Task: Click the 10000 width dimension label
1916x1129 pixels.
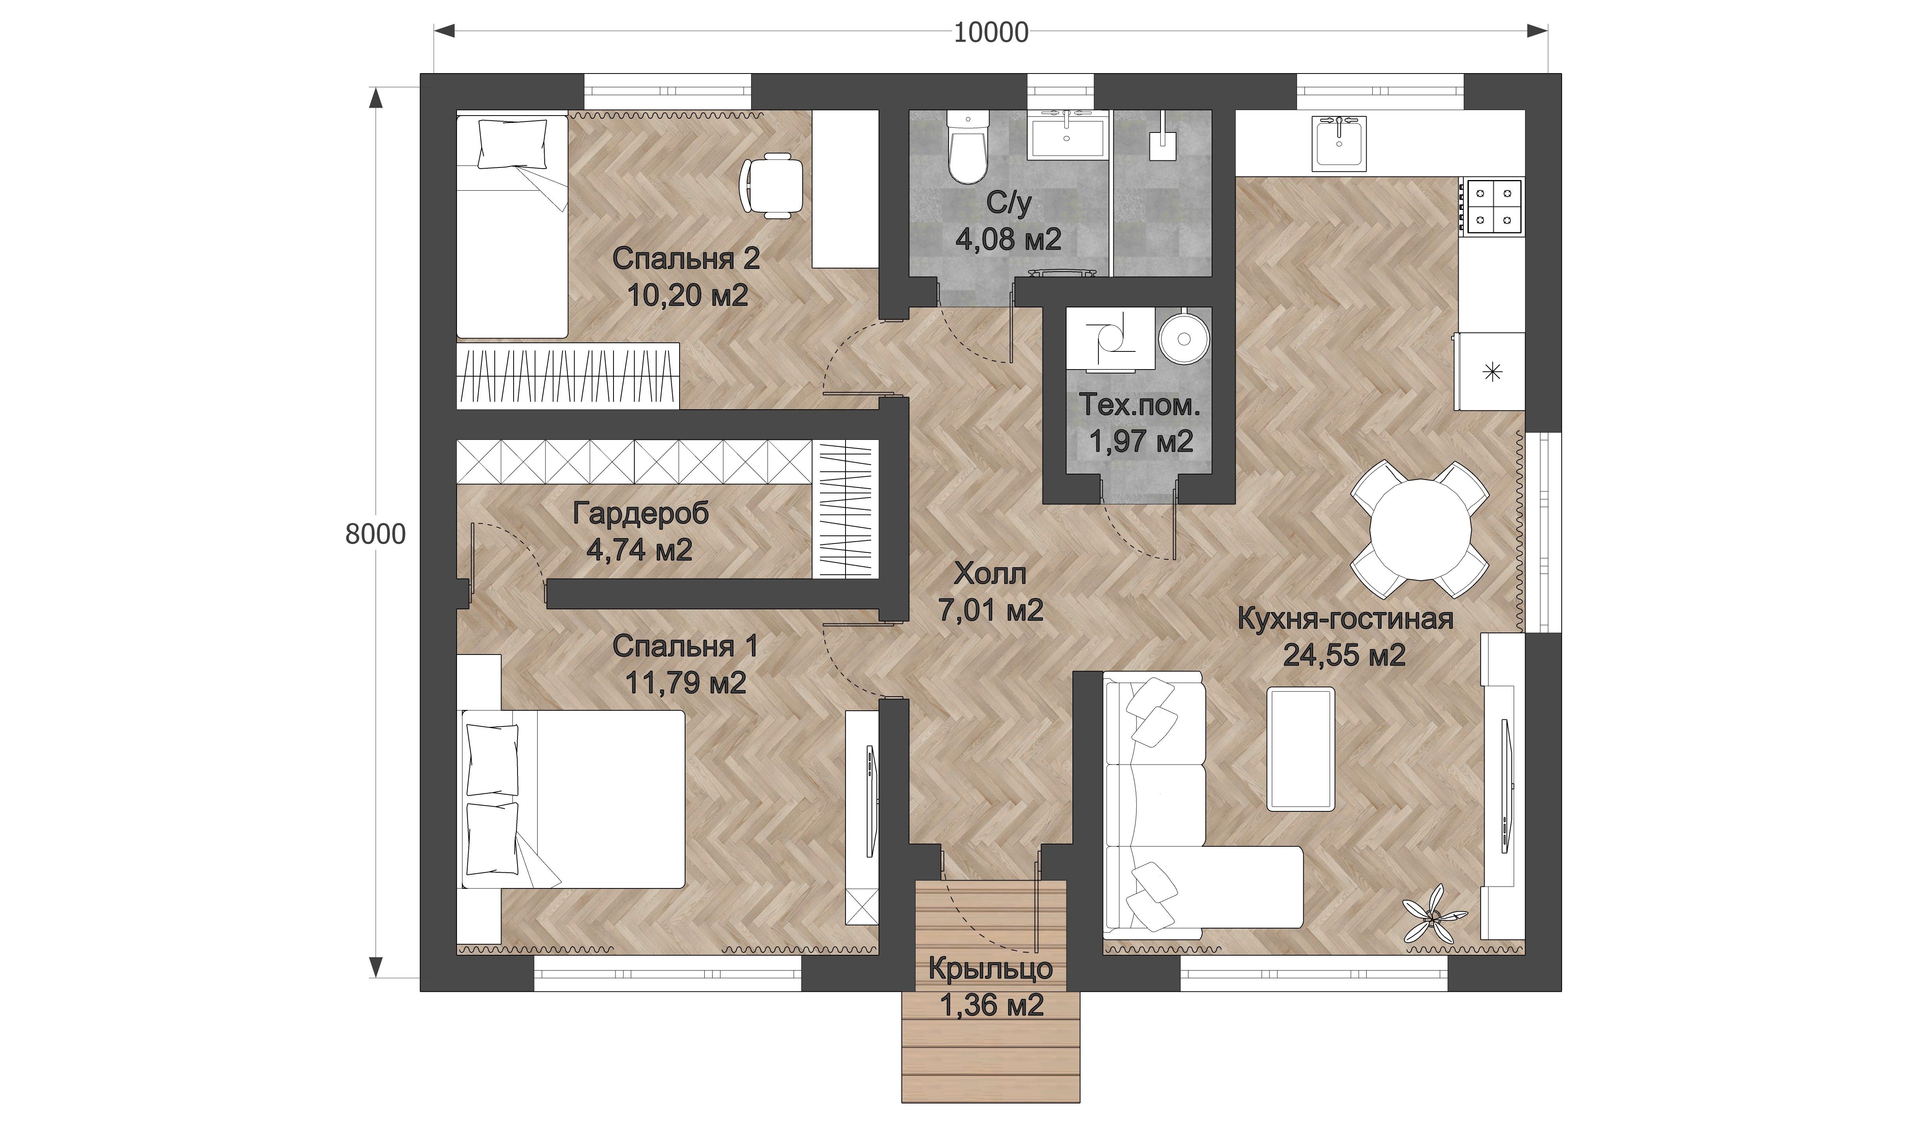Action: (x=991, y=33)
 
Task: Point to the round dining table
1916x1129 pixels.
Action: (x=1419, y=530)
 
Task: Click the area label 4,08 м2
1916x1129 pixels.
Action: (x=1008, y=241)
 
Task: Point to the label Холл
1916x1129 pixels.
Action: (x=990, y=574)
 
